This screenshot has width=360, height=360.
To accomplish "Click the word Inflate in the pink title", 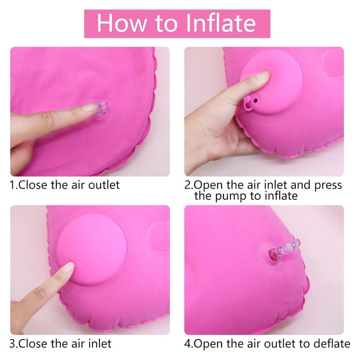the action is pos(221,23).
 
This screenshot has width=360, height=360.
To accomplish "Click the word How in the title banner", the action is pos(122,23).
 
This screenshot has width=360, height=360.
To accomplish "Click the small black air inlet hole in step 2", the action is pos(256,100).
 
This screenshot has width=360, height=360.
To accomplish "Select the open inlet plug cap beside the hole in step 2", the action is pos(248,104).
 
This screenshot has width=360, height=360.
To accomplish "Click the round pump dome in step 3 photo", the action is pos(92,250).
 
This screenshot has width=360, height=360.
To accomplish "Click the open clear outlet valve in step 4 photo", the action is pos(284,249).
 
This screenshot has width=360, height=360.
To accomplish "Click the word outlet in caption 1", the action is pos(104,185).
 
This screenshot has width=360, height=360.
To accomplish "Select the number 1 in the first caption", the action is pos(12,185).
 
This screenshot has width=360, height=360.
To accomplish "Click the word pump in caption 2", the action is pos(229,196).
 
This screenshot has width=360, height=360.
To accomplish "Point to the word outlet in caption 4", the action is pos(279,344).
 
